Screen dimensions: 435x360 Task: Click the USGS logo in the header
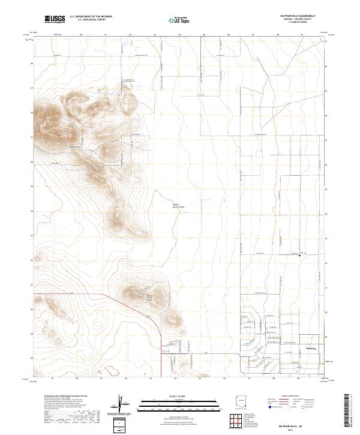tap(55, 20)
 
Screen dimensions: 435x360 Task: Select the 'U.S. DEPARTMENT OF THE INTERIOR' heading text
tap(91, 17)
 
